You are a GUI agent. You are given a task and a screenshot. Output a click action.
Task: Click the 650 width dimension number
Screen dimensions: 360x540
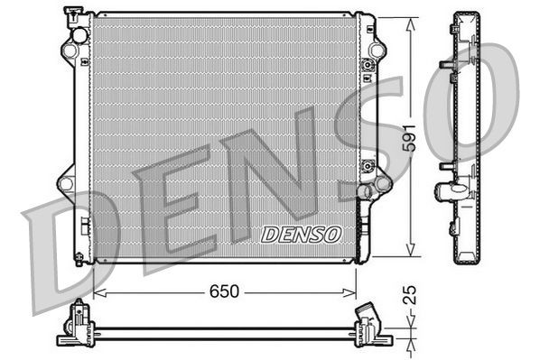[225, 291]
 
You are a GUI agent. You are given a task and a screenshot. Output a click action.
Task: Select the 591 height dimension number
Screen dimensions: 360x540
[410, 138]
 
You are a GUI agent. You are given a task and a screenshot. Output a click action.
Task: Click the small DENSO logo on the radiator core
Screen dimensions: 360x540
[302, 234]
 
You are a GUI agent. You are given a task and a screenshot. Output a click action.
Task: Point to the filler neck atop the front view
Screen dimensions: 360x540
[72, 14]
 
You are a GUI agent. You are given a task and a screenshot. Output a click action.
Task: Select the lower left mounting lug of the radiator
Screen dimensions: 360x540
[66, 183]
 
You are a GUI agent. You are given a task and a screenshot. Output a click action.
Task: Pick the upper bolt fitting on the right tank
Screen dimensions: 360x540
[368, 66]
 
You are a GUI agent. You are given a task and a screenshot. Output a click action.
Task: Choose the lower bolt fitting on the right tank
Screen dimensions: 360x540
[368, 166]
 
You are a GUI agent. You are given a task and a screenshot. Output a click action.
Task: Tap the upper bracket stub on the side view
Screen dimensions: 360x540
[445, 65]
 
